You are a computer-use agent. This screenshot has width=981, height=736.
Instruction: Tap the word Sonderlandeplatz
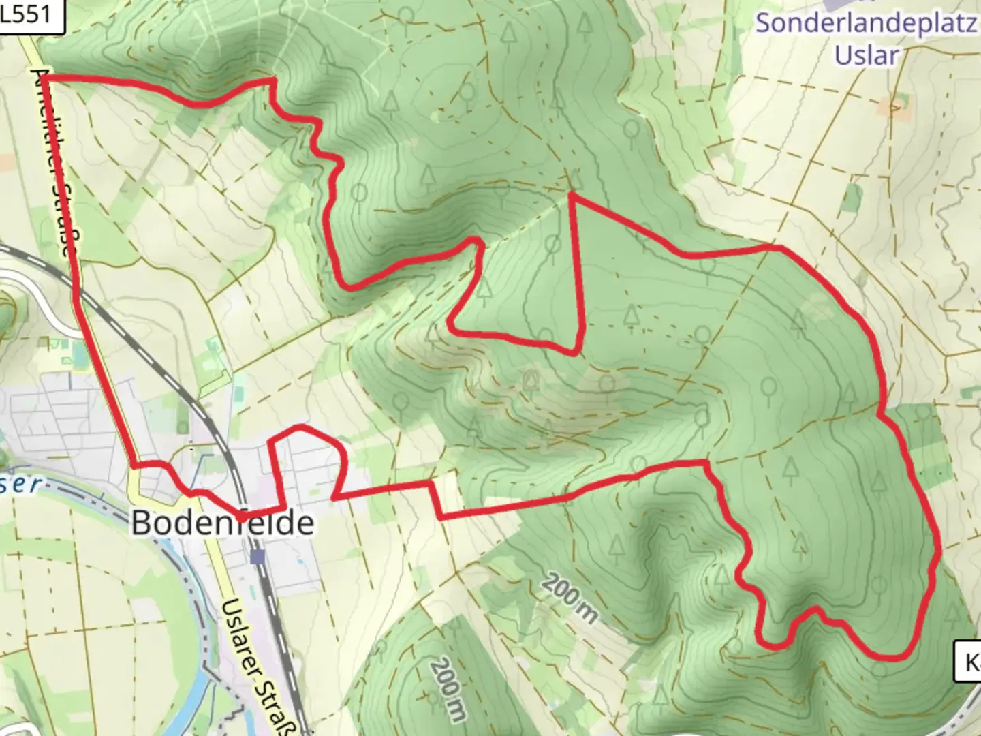[x=865, y=23]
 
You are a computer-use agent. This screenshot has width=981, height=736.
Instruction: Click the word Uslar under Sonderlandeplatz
[x=867, y=55]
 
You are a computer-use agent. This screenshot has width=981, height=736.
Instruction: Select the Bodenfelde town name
[x=222, y=523]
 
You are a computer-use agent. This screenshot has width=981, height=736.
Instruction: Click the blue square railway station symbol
[x=258, y=557]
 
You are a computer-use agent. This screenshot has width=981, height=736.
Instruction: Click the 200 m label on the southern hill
[x=448, y=688]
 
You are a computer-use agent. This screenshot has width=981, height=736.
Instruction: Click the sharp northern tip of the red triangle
[x=571, y=195]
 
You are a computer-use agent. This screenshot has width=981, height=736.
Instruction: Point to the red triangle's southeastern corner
[x=576, y=353]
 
